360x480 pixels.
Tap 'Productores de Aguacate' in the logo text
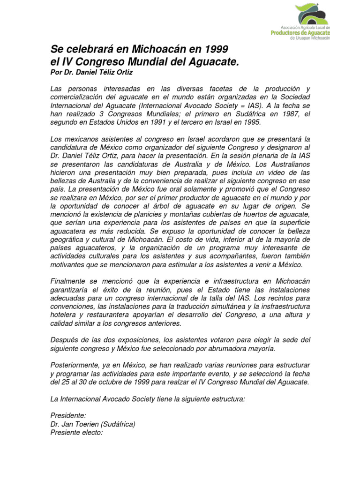tap(300, 33)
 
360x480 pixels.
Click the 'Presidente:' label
tap(68, 416)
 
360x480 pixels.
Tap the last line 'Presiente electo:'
tap(76, 433)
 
